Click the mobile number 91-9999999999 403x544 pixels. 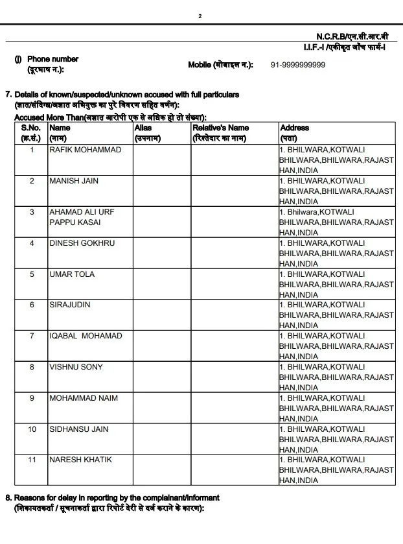point(298,65)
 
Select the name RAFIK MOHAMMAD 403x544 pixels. point(85,150)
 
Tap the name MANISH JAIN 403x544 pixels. point(74,181)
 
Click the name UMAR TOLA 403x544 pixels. point(72,274)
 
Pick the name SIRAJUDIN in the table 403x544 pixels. point(70,305)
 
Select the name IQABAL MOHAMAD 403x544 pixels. point(86,336)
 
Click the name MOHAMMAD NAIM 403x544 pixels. point(84,397)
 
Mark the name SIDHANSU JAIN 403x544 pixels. point(79,429)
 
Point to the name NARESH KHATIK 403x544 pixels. point(80,460)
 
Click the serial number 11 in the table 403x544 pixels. point(32,460)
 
